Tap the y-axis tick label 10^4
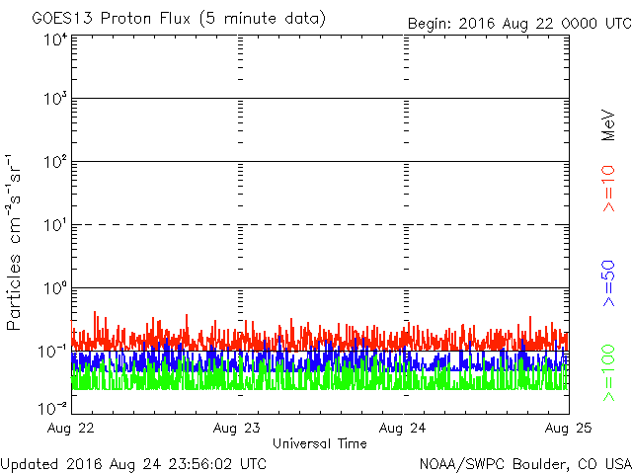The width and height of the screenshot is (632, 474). (x=54, y=39)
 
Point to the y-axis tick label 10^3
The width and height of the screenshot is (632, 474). (x=54, y=99)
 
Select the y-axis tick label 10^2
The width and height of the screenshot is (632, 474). (x=54, y=161)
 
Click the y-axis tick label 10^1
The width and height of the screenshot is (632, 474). (x=54, y=224)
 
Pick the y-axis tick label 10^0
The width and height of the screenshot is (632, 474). (x=54, y=287)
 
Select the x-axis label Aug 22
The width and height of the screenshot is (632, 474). (x=71, y=429)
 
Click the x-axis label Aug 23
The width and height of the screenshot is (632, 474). (x=238, y=429)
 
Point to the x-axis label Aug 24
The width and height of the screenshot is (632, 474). (x=404, y=429)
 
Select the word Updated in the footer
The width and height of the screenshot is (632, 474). (x=29, y=462)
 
